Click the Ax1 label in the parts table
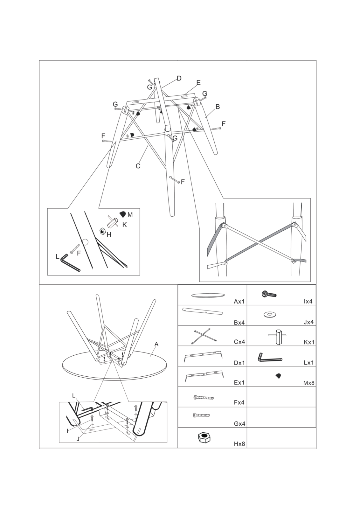[x=239, y=302]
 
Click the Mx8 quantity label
[x=309, y=383]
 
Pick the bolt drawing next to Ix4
[x=269, y=294]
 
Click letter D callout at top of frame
[x=179, y=78]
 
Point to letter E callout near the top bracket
[x=198, y=83]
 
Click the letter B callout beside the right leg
[x=218, y=107]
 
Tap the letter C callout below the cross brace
[x=138, y=166]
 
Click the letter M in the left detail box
[x=130, y=214]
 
